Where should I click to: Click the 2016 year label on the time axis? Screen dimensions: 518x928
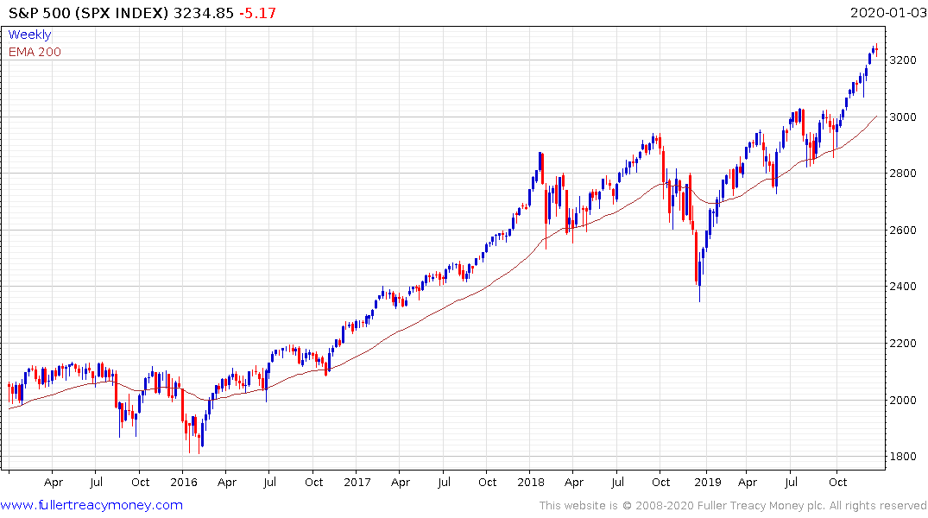pyautogui.click(x=184, y=483)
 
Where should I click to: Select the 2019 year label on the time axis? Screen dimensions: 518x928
pyautogui.click(x=706, y=483)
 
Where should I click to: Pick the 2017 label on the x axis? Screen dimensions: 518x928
pyautogui.click(x=357, y=483)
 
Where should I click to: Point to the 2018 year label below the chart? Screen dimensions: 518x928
pyautogui.click(x=532, y=483)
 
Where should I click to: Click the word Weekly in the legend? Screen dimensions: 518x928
pyautogui.click(x=29, y=35)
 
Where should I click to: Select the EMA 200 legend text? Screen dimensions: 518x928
pyautogui.click(x=35, y=52)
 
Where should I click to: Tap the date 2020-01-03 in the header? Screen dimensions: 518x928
pyautogui.click(x=886, y=12)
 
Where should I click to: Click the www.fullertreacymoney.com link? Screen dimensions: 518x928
pyautogui.click(x=92, y=505)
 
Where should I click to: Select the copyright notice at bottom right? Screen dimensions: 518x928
pyautogui.click(x=733, y=506)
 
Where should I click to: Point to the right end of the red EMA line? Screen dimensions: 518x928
pyautogui.click(x=876, y=116)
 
